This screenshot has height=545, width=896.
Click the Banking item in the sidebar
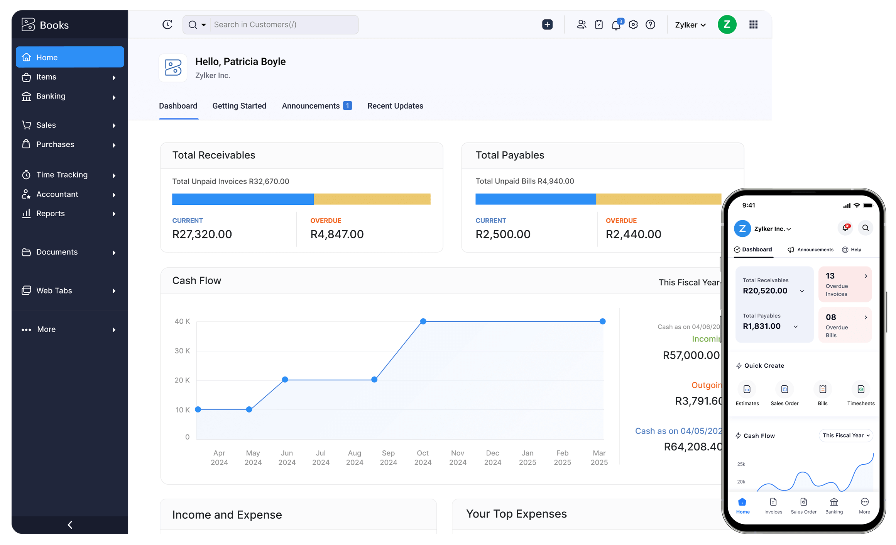coord(51,96)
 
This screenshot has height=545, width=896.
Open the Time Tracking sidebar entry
coord(62,175)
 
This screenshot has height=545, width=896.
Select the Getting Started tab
coord(239,106)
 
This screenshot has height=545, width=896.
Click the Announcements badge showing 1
coord(347,106)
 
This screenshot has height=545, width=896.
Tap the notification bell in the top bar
coord(616,25)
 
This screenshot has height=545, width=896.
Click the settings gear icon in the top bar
coord(633,25)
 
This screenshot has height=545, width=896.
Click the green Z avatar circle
coord(727,25)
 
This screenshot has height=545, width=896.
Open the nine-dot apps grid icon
coord(753,25)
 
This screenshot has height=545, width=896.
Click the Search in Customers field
coord(284,25)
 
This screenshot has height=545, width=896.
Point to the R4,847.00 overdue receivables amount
coord(337,234)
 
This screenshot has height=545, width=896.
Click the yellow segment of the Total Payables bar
coord(658,199)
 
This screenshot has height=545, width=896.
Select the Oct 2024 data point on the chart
coord(423,321)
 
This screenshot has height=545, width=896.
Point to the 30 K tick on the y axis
coord(182,351)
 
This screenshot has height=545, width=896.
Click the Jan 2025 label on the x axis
coord(527,458)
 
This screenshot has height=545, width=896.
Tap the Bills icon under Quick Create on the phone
coord(823,390)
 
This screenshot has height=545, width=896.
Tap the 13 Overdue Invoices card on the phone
coord(845,284)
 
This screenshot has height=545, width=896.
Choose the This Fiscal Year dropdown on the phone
coord(846,436)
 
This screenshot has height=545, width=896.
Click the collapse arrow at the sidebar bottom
coord(70,525)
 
